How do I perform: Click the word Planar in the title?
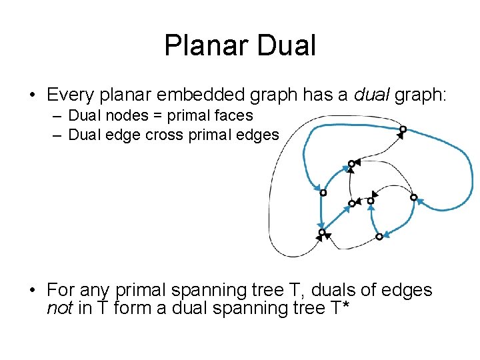click(203, 46)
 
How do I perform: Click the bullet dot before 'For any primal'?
click(32, 291)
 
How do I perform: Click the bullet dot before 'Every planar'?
click(32, 96)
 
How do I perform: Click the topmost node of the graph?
click(403, 129)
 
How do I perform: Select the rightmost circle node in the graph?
click(413, 197)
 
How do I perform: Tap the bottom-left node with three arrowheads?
click(322, 233)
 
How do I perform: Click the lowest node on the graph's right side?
click(379, 236)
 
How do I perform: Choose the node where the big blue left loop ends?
click(323, 193)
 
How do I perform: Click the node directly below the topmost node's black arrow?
click(351, 163)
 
